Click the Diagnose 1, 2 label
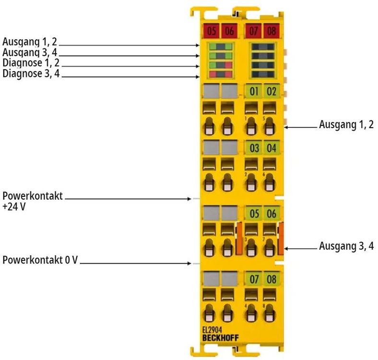coord(31,63)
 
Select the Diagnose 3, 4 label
coord(31,74)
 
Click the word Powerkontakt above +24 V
coord(33,196)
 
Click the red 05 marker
coord(212,32)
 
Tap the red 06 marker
coord(229,32)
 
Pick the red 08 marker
coord(272,32)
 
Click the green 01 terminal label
coord(254,90)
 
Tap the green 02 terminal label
coord(272,90)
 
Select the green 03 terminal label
coord(254,147)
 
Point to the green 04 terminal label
coord(272,147)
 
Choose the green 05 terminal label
coord(254,213)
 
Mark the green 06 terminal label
coord(272,213)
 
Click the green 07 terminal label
coord(254,278)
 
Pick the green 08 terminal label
coord(272,278)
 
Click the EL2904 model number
coord(212,331)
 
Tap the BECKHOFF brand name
coord(220,338)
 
